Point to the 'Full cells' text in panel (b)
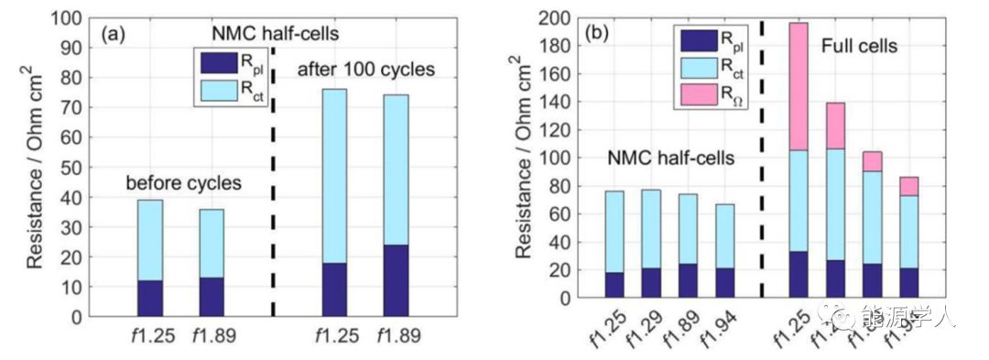click(859, 44)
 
